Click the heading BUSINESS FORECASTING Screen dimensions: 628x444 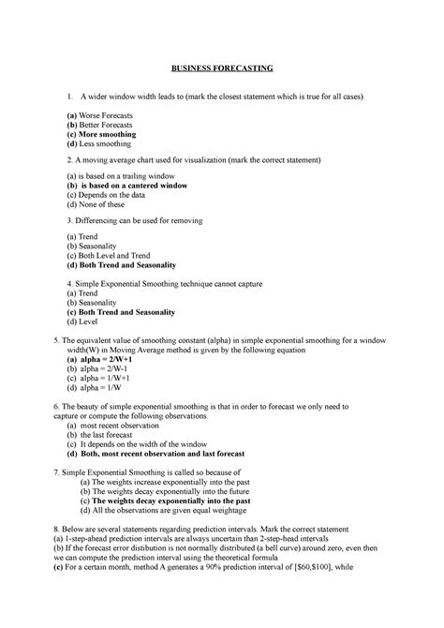click(x=221, y=68)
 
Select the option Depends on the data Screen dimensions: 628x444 click(x=104, y=195)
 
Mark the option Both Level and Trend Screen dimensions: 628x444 click(x=111, y=254)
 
